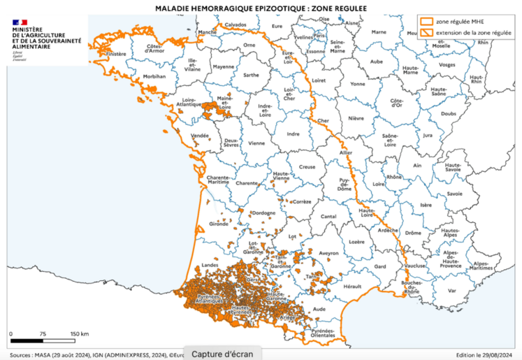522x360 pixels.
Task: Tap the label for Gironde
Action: tap(219, 225)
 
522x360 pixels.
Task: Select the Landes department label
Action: tap(210, 265)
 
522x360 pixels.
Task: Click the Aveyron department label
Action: tap(328, 253)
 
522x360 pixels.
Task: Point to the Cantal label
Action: tap(328, 217)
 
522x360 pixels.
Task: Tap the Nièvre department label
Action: tap(356, 119)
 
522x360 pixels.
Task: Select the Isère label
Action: tap(426, 205)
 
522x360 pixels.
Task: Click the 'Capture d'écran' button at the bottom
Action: tap(222, 353)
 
